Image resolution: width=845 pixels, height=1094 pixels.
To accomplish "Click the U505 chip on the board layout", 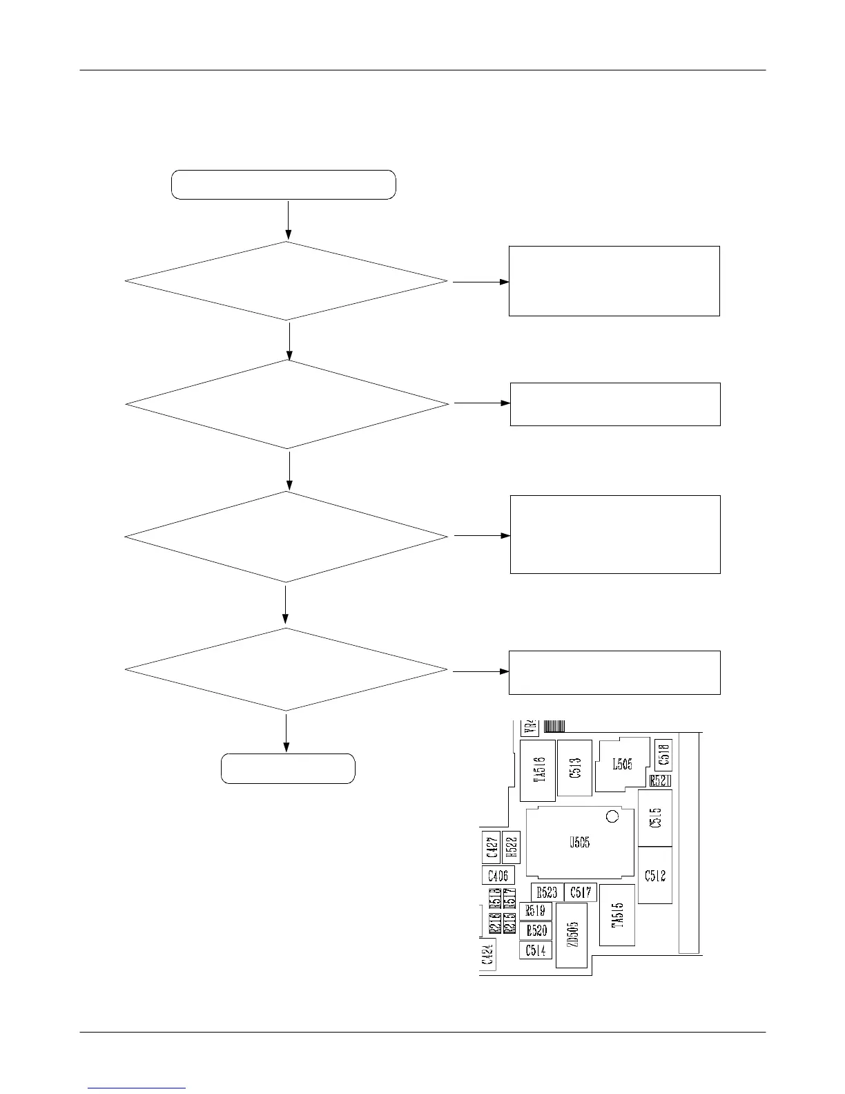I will tap(580, 842).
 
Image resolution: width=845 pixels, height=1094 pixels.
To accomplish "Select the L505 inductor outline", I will tap(622, 765).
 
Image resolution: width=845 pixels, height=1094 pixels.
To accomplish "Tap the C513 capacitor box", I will tap(574, 767).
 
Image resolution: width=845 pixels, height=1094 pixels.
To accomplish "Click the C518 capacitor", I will tap(663, 755).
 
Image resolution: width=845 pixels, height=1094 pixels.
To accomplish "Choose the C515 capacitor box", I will tap(655, 818).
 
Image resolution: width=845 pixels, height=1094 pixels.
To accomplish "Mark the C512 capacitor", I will tap(655, 875).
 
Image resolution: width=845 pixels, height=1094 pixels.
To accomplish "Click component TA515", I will tap(617, 914).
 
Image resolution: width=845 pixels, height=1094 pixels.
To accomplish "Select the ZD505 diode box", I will tap(572, 935).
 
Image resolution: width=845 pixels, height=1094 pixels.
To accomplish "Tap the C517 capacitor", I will tap(580, 892).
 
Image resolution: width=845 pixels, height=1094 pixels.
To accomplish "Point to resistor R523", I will tap(547, 892).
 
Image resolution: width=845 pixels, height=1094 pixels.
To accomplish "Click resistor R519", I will tap(536, 911).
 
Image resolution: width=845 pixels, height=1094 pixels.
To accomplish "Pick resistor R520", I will tap(536, 930).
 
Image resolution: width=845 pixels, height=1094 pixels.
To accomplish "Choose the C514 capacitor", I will tap(536, 950).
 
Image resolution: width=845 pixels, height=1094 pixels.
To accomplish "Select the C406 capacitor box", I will tap(498, 876).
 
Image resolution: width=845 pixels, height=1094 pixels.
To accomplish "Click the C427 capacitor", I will tap(492, 847).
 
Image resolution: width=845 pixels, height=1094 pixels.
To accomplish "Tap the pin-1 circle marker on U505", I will tap(611, 817).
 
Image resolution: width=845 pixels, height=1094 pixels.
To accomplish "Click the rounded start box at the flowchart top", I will tap(283, 184).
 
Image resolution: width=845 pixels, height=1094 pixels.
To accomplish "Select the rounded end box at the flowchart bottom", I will tap(288, 769).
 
